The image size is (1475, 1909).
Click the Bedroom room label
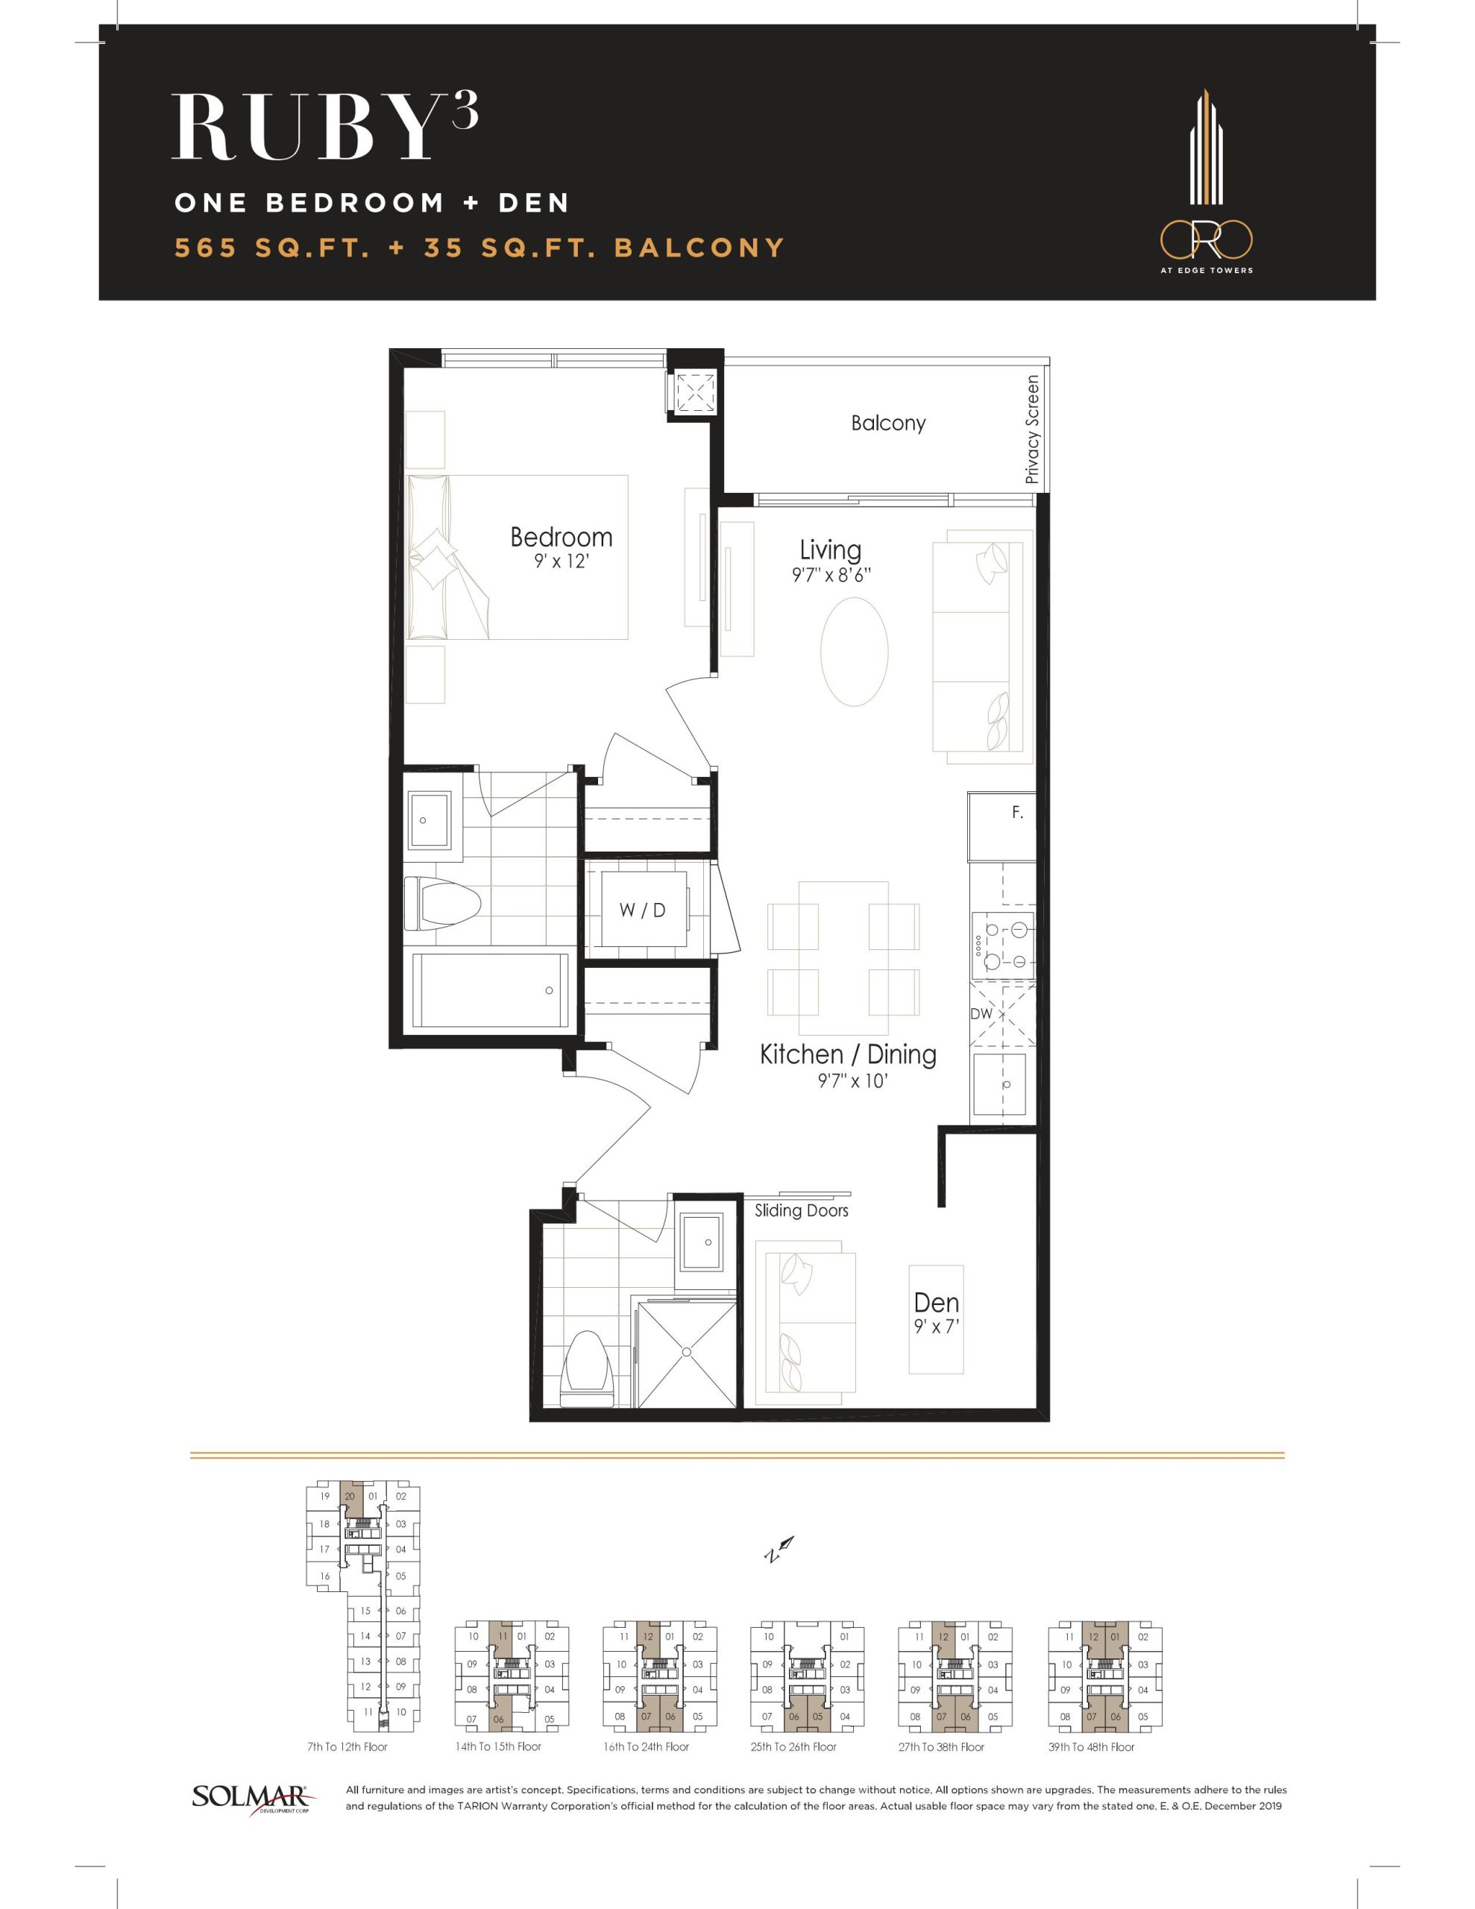point(562,537)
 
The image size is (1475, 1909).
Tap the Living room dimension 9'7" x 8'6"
point(831,575)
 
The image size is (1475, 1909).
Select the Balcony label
point(888,423)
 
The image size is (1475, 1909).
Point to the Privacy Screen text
point(1033,430)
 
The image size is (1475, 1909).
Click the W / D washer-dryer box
point(643,910)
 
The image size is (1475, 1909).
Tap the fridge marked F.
point(1002,826)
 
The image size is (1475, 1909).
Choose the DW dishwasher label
point(981,1014)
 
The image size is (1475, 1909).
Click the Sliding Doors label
point(802,1210)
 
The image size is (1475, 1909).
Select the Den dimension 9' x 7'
point(937,1326)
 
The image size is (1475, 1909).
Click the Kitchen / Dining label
point(848,1054)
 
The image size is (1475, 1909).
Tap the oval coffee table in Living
point(855,651)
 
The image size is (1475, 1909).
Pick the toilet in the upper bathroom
point(442,904)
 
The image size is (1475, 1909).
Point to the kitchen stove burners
point(1003,943)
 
